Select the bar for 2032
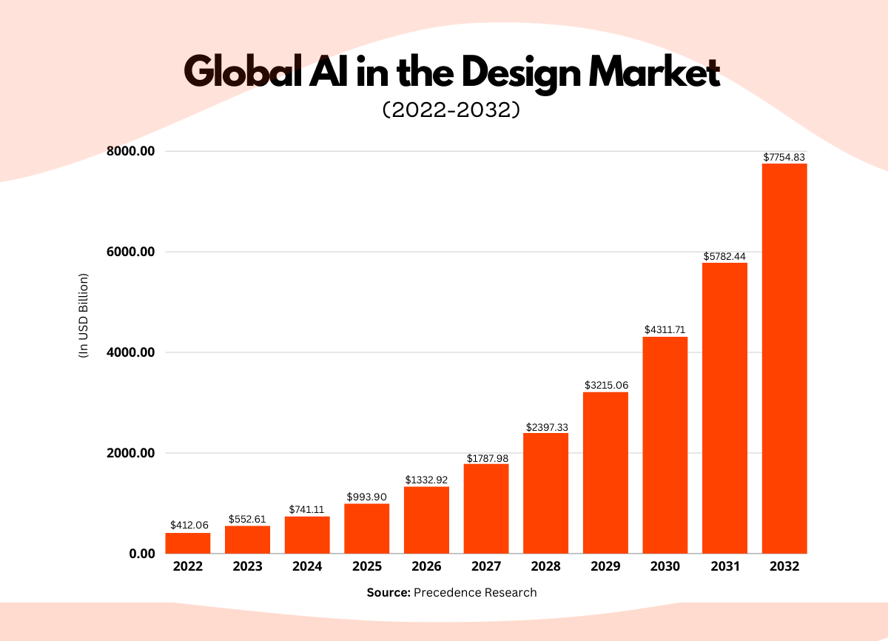(784, 359)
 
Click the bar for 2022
(188, 543)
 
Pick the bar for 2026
(426, 520)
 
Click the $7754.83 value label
(784, 158)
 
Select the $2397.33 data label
(546, 427)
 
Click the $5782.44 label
(724, 256)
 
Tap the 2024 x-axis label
(307, 567)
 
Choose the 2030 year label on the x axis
(665, 567)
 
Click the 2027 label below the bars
(486, 567)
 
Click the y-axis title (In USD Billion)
(83, 316)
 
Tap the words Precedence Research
(475, 592)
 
